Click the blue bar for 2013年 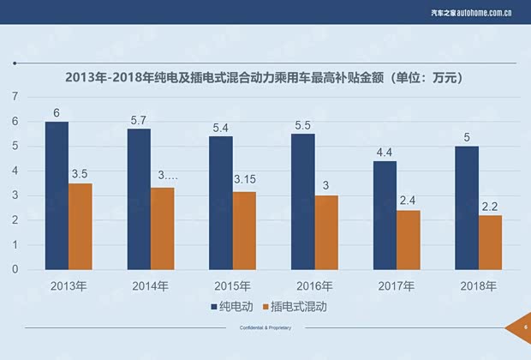[57, 195]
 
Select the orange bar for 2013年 [81, 226]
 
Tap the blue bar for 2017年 [385, 215]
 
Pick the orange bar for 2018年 [490, 243]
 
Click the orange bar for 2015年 [244, 231]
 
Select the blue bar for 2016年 [303, 201]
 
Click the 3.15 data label [245, 180]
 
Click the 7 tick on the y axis [15, 97]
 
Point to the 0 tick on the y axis [15, 269]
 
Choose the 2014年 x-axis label [151, 285]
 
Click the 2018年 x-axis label [479, 285]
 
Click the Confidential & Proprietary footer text [265, 328]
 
